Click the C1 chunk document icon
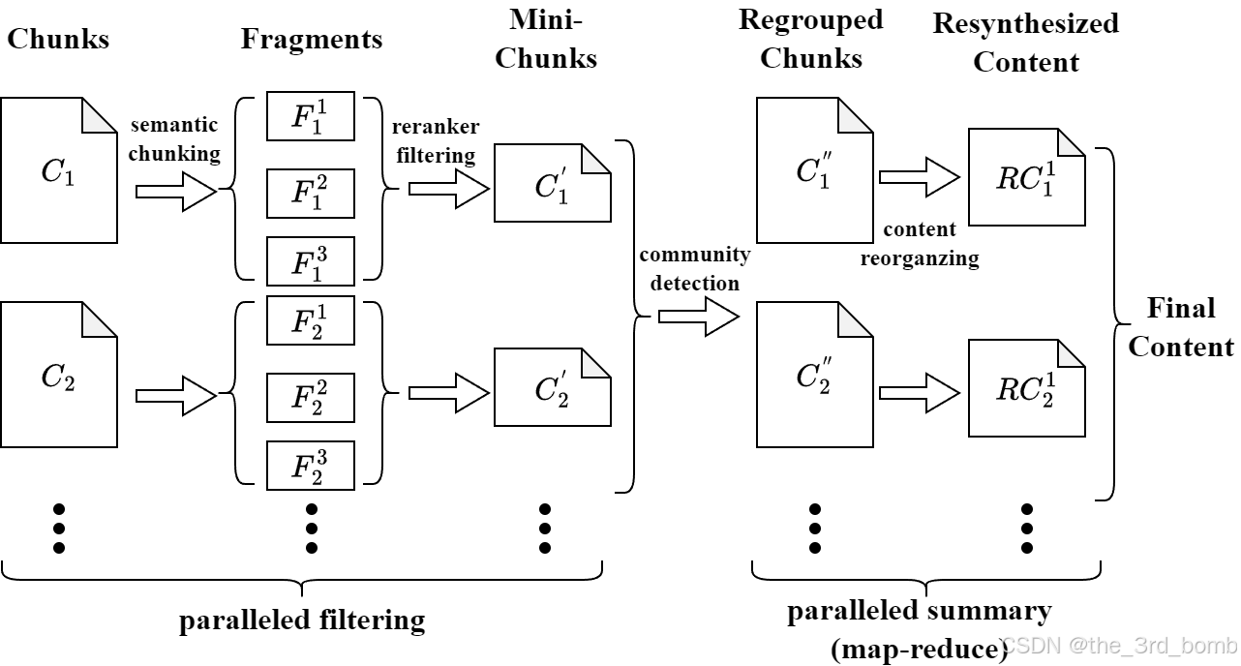(x=58, y=170)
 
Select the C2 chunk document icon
(x=58, y=376)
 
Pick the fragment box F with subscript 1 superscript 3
(x=311, y=259)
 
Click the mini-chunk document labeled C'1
(x=552, y=184)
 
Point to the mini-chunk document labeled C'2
(x=552, y=388)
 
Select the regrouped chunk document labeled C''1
(x=813, y=170)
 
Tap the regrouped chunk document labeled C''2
(x=813, y=375)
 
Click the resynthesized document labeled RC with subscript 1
(x=1026, y=176)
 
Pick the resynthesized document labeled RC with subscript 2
(x=1026, y=387)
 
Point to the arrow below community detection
(x=698, y=317)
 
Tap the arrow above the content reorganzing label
(x=919, y=177)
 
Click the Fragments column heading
(x=312, y=40)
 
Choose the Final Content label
(x=1181, y=327)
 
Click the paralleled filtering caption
(x=302, y=620)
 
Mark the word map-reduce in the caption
(x=919, y=648)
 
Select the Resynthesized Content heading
(x=1026, y=43)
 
